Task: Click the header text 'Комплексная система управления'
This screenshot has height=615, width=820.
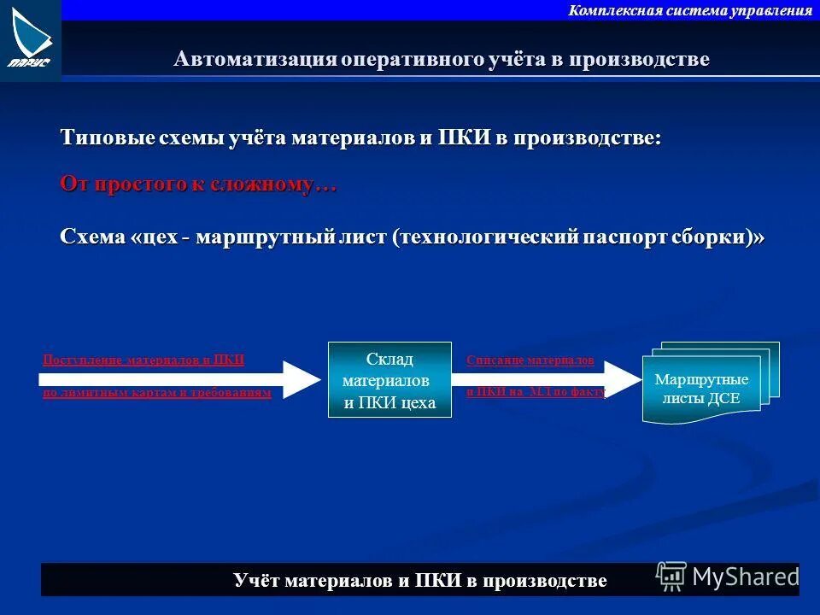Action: [x=690, y=10]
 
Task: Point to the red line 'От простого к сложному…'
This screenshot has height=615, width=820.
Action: [x=198, y=184]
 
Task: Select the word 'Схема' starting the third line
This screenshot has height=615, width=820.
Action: [x=92, y=237]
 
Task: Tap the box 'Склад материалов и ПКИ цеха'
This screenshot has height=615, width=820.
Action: [x=389, y=380]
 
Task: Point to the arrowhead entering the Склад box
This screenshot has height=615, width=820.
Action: [x=301, y=379]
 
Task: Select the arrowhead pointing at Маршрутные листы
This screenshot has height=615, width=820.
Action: [x=624, y=379]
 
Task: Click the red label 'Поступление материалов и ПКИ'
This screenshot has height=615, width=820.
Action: [x=143, y=360]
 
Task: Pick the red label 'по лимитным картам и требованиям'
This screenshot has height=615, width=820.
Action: [x=156, y=393]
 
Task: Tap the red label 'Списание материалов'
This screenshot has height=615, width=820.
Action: [x=530, y=360]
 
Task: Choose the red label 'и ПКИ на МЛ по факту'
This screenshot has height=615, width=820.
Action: [x=536, y=392]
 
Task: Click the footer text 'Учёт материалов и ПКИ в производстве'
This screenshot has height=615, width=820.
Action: [x=419, y=581]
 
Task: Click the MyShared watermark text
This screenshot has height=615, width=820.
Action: [x=745, y=577]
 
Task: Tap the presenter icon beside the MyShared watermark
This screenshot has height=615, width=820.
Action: [x=671, y=577]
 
